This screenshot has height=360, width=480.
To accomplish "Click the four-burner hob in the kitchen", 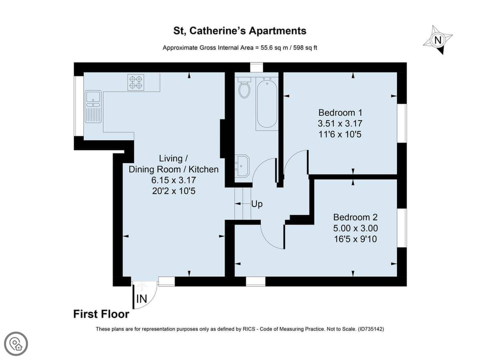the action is (x=136, y=82).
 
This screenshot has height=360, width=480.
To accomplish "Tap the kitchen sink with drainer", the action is (x=93, y=106).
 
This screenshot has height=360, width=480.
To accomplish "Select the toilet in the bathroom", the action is (x=244, y=88).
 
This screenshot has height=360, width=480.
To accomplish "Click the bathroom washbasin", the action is (x=242, y=166).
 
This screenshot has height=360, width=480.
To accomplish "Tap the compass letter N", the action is (x=438, y=40).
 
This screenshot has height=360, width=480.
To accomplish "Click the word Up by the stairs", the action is (x=257, y=204).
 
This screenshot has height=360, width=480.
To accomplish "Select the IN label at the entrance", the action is (x=142, y=298).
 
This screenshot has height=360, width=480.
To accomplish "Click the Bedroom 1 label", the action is (x=340, y=112).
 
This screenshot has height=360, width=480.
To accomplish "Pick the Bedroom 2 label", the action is (x=355, y=217).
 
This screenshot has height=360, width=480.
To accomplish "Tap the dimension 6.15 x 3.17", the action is (x=174, y=180).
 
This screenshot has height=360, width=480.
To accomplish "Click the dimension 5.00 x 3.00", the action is (x=355, y=228).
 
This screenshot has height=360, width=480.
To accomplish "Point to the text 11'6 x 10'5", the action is (x=340, y=134).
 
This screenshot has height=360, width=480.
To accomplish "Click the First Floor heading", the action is (x=101, y=314).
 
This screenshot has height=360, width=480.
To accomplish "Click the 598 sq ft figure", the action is (x=305, y=48).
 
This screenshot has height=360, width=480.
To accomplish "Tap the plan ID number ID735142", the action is (x=371, y=329).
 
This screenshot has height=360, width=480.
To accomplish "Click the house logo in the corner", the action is (x=16, y=344).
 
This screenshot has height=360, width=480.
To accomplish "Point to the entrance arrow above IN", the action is (x=142, y=287).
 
